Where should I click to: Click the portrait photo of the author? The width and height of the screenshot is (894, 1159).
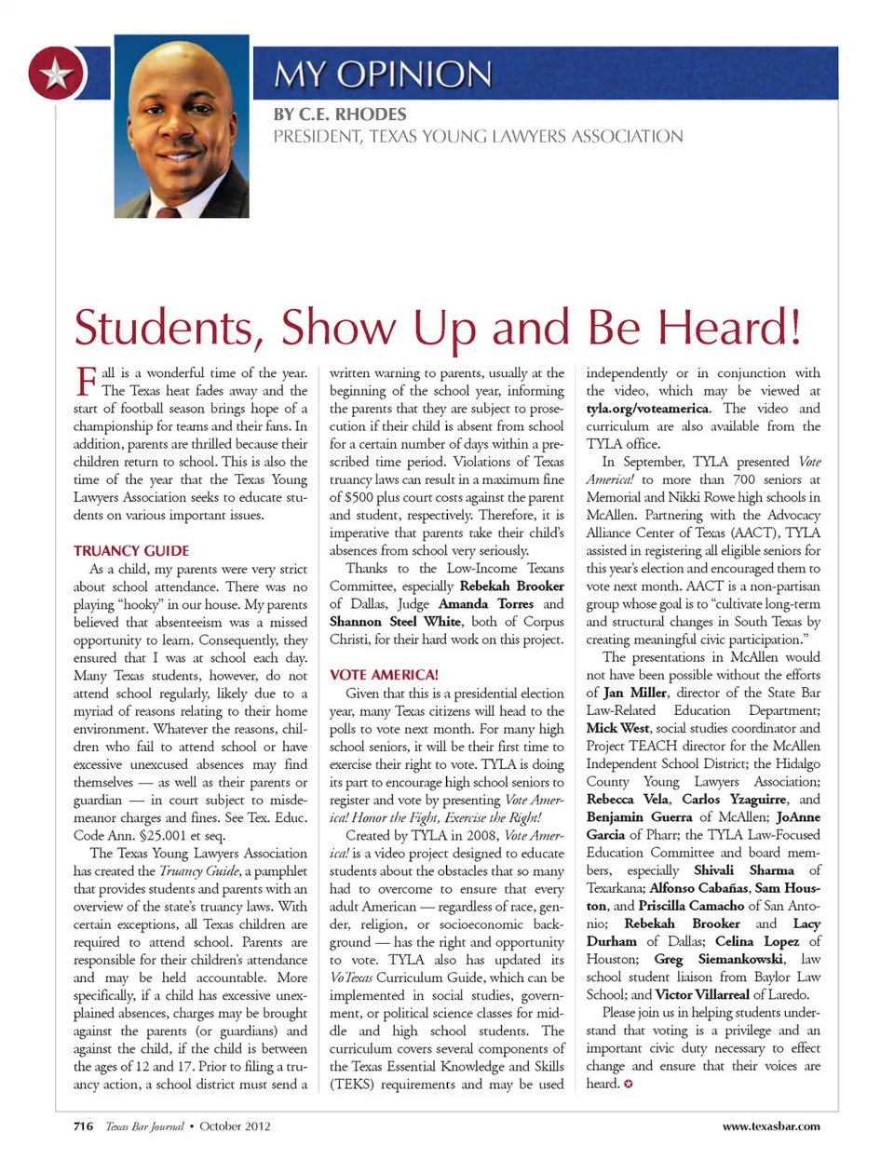182,126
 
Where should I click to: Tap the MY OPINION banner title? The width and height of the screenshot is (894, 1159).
383,74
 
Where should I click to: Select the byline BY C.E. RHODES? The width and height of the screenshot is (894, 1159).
340,115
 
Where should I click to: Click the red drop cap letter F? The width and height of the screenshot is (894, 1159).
85,381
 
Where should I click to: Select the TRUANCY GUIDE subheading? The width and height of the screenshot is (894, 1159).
131,550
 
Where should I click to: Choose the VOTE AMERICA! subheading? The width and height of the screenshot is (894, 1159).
384,675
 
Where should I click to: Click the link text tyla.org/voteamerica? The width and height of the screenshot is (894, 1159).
648,409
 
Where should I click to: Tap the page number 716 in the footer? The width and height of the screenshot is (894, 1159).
83,1125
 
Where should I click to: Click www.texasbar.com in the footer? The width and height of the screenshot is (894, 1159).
771,1125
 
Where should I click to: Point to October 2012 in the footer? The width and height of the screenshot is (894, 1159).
236,1125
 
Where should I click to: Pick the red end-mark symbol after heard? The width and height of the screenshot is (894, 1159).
629,1084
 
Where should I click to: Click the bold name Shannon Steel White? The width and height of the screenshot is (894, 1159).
396,622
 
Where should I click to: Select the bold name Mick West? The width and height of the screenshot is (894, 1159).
616,728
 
